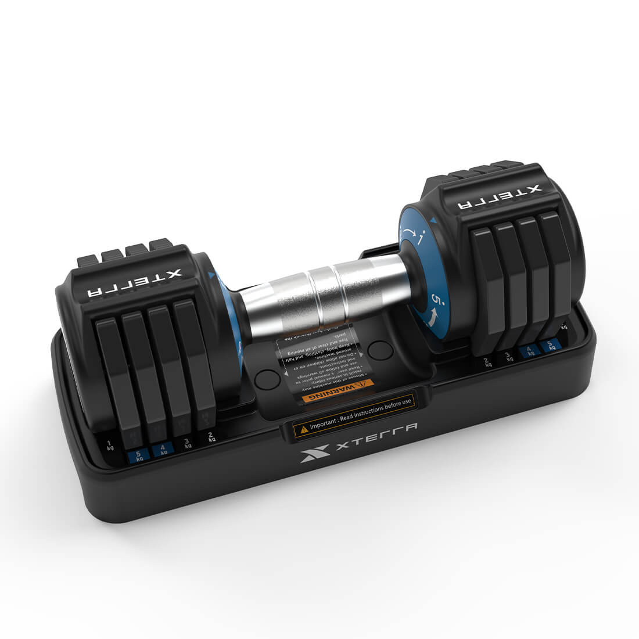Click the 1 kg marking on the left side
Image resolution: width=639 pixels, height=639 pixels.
[110, 446]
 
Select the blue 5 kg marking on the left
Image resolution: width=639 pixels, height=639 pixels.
[138, 456]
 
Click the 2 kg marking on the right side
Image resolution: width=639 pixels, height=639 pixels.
[488, 362]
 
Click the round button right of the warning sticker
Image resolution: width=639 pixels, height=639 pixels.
[380, 350]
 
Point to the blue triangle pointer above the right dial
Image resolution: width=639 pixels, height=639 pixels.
[432, 219]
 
